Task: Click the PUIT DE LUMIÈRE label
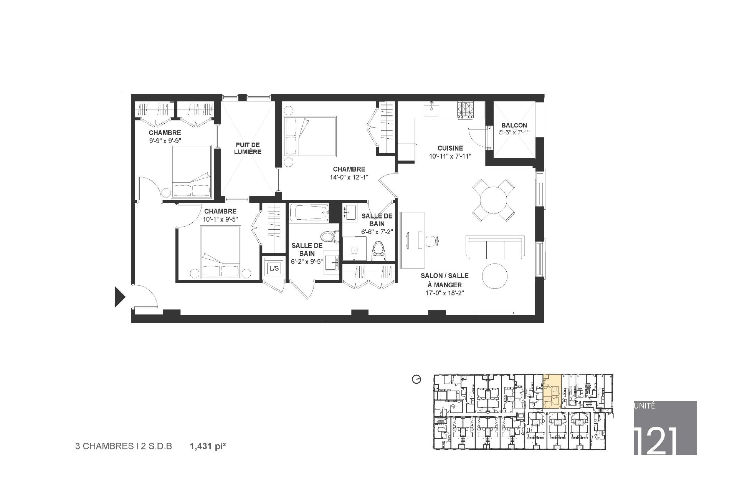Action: pyautogui.click(x=248, y=148)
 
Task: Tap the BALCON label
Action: pyautogui.click(x=514, y=125)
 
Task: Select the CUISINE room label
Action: pyautogui.click(x=450, y=148)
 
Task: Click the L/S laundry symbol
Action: pyautogui.click(x=274, y=268)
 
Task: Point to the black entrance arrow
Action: pyautogui.click(x=120, y=297)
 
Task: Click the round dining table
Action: pyautogui.click(x=493, y=200)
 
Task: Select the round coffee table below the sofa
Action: pyautogui.click(x=495, y=276)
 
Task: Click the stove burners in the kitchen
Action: pyautogui.click(x=465, y=110)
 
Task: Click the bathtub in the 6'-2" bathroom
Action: pyautogui.click(x=309, y=213)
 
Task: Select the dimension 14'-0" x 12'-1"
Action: pyautogui.click(x=349, y=177)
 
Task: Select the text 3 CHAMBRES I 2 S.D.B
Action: pyautogui.click(x=124, y=447)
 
